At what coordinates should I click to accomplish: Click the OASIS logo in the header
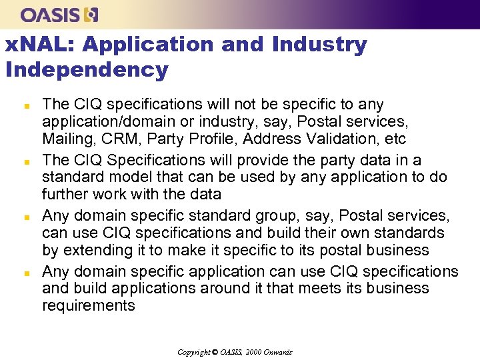[59, 14]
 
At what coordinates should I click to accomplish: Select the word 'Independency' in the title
[87, 69]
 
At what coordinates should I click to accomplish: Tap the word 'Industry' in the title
[319, 45]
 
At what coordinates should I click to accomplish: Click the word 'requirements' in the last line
[88, 306]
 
